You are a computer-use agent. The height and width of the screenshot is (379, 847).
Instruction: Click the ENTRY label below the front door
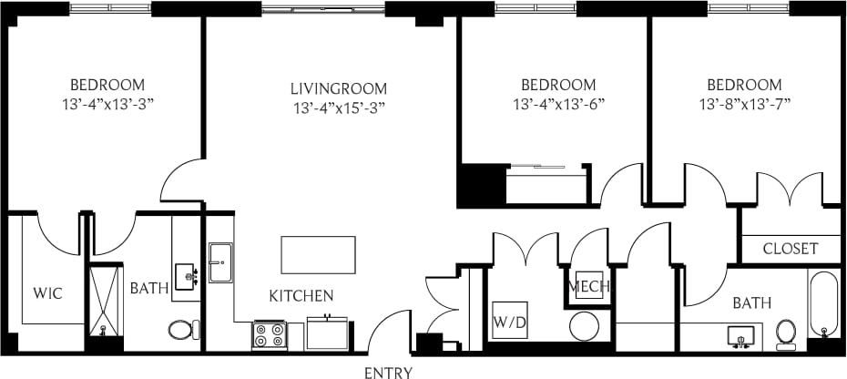click(389, 372)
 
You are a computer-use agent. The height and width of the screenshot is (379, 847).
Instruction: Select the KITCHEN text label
click(301, 296)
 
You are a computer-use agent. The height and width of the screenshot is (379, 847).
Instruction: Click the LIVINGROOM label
click(339, 88)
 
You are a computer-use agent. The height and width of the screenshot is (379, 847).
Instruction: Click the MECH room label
click(588, 287)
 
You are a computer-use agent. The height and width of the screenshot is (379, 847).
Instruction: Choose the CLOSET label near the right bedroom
click(790, 249)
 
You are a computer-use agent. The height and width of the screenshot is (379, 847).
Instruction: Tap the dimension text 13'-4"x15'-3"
click(339, 108)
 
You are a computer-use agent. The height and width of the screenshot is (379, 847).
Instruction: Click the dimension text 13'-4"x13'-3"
click(102, 104)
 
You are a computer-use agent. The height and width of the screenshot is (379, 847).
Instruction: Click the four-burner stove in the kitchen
click(270, 336)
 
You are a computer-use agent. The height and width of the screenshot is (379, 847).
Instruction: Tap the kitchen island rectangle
click(318, 254)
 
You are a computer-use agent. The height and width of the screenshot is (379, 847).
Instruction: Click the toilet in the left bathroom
click(182, 329)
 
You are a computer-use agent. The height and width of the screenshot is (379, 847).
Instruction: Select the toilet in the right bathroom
click(786, 334)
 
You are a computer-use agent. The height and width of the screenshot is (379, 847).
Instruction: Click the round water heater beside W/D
click(584, 325)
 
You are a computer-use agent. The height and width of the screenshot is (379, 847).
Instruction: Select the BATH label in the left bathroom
click(148, 289)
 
